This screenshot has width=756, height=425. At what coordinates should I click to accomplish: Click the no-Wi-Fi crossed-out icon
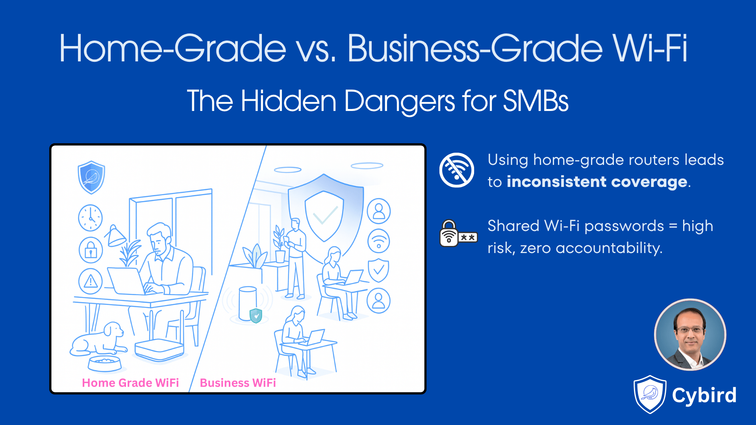tap(457, 170)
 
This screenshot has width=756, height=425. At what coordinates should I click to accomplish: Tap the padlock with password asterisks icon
tap(458, 234)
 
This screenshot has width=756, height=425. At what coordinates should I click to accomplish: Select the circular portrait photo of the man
tap(690, 335)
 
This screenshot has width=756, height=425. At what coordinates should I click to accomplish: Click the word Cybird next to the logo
tap(704, 395)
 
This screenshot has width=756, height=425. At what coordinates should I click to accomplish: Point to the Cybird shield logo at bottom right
tap(650, 394)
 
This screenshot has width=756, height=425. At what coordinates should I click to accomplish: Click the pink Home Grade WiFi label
tap(130, 383)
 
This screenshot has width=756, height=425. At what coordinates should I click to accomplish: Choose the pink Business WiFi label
tap(238, 383)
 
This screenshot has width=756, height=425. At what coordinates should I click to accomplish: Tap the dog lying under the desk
tap(98, 339)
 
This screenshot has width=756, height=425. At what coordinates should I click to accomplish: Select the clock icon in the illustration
tap(91, 218)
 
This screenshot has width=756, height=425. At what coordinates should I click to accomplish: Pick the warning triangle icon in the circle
tap(91, 281)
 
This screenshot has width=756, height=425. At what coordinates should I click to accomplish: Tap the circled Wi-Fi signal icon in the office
tap(378, 241)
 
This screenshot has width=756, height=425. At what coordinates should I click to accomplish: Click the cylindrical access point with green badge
tap(248, 304)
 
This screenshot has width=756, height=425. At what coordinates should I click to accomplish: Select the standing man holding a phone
tap(295, 258)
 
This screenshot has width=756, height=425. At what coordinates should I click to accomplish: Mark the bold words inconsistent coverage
tap(597, 182)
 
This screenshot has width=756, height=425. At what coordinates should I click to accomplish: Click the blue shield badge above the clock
tap(91, 177)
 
